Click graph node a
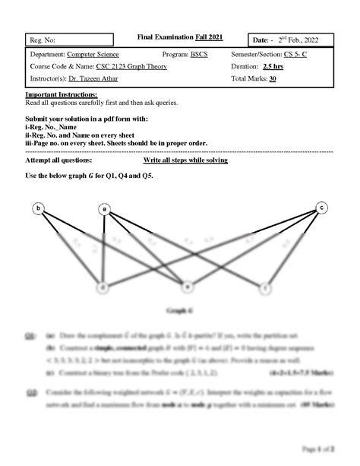point(104,209)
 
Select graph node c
point(321,207)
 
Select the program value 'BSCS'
point(199,55)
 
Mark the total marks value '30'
point(273,78)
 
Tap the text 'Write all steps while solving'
point(185,161)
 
